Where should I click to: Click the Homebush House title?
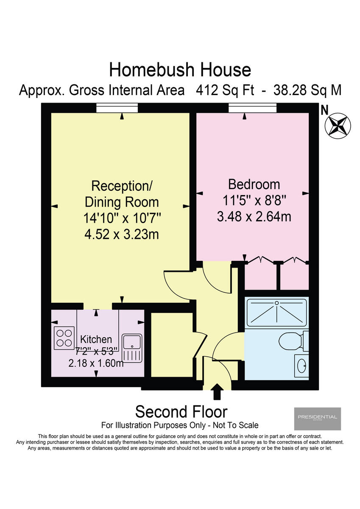click(180, 69)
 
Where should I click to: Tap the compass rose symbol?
click(338, 126)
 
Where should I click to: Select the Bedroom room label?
click(254, 185)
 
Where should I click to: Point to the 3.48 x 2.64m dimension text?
click(254, 216)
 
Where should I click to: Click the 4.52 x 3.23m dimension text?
click(122, 234)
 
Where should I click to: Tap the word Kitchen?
click(96, 339)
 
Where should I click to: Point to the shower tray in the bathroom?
click(276, 312)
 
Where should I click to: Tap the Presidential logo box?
click(317, 418)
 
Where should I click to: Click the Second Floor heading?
click(181, 411)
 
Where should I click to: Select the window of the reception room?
click(117, 109)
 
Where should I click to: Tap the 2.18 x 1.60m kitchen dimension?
click(96, 363)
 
